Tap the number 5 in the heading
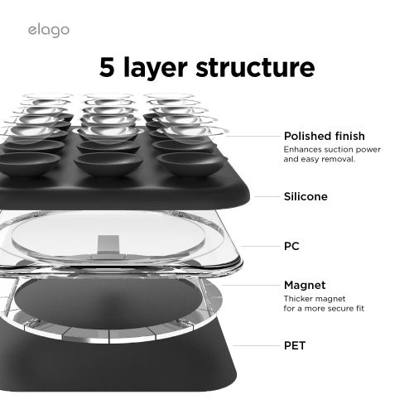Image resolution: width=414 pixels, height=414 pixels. pyautogui.click(x=109, y=68)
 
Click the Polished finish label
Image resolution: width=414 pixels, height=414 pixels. pyautogui.click(x=324, y=136)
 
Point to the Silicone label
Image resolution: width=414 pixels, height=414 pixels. pyautogui.click(x=306, y=197)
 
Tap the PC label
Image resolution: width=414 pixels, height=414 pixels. pyautogui.click(x=291, y=246)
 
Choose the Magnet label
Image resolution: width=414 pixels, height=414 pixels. pyautogui.click(x=304, y=285)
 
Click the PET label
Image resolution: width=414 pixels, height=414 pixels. pyautogui.click(x=295, y=344)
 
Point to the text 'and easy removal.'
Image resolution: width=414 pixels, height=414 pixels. pyautogui.click(x=319, y=160)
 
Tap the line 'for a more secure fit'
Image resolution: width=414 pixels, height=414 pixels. pyautogui.click(x=325, y=308)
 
